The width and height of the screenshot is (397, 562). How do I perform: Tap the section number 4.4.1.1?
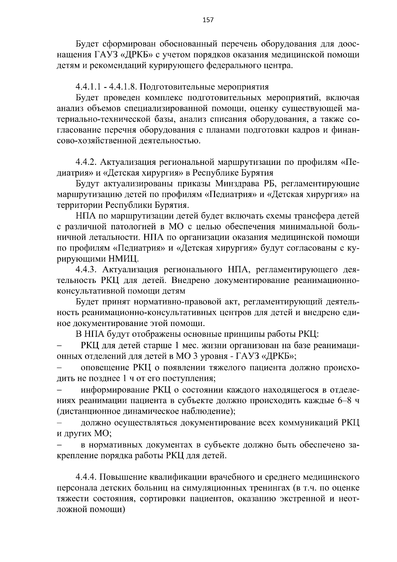87,87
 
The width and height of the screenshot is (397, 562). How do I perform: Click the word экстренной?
300,499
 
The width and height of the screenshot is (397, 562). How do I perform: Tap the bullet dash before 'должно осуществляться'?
60,423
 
